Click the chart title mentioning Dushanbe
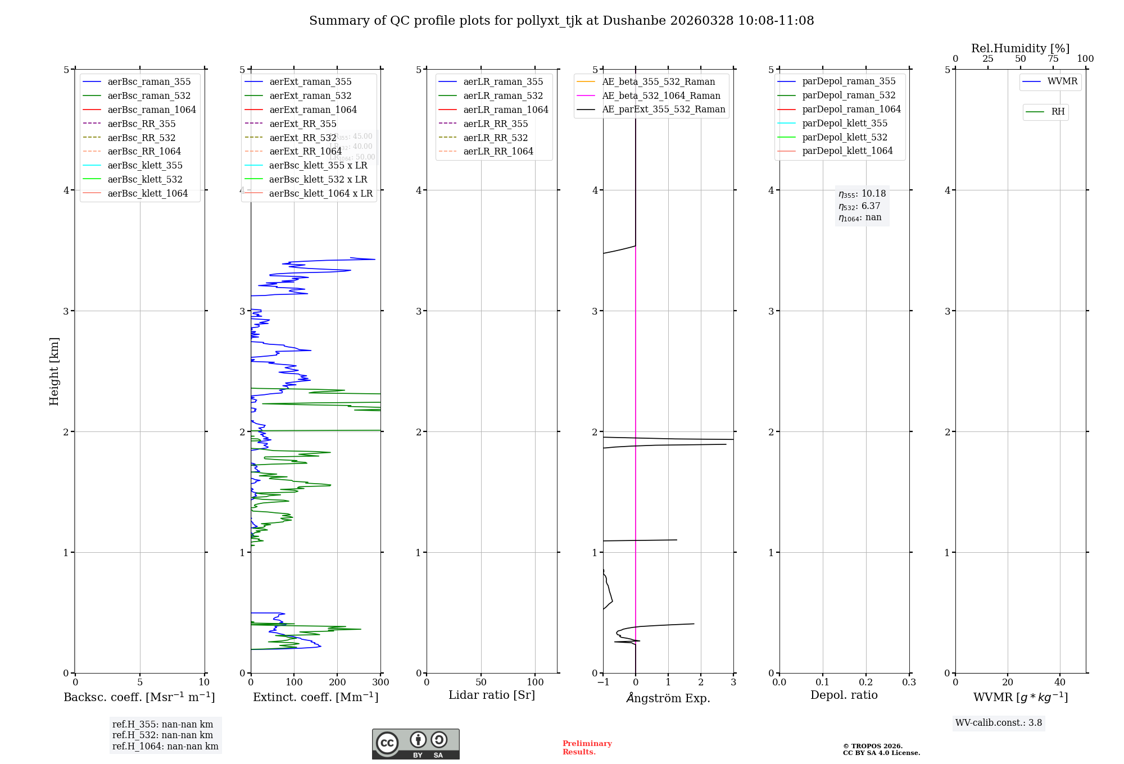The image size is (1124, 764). [x=561, y=21]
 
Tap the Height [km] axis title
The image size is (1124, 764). [x=54, y=371]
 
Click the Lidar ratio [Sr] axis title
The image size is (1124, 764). [x=492, y=695]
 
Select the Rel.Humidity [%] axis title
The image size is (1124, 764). [x=1020, y=48]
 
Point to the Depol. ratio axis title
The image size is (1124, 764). [x=844, y=695]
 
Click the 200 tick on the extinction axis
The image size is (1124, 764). [x=337, y=683]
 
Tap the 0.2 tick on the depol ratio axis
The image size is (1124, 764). [x=866, y=683]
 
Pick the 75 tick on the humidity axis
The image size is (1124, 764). [x=1053, y=59]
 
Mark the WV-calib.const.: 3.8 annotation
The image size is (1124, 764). [x=998, y=723]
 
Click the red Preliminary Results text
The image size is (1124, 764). [x=587, y=748]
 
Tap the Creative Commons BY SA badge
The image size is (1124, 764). [x=415, y=744]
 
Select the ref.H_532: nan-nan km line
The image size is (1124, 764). [x=162, y=735]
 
